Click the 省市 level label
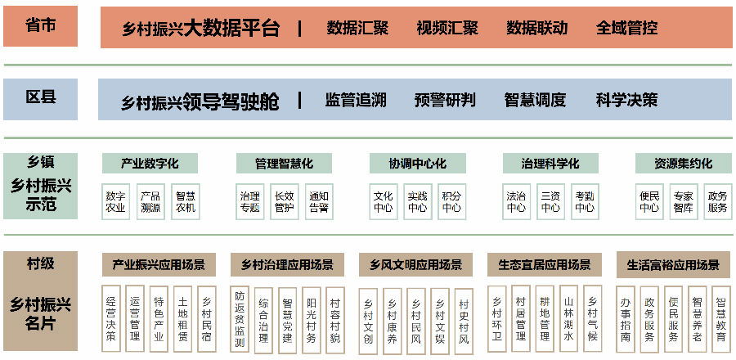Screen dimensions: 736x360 (x=40, y=25)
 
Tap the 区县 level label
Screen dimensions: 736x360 (x=41, y=97)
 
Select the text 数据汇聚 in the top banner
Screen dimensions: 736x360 (x=357, y=28)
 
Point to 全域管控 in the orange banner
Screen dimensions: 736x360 (x=626, y=28)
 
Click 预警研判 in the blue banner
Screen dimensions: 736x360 (x=445, y=100)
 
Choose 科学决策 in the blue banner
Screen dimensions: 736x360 (x=626, y=100)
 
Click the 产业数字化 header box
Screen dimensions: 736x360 (x=150, y=164)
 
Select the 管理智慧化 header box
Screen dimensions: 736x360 (x=284, y=164)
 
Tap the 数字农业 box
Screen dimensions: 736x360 (x=116, y=202)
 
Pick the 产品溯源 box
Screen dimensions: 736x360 (x=150, y=202)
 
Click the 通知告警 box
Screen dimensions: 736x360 (x=319, y=202)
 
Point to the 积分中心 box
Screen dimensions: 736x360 (x=452, y=202)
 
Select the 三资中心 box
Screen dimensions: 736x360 (x=550, y=202)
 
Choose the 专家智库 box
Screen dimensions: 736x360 (x=684, y=202)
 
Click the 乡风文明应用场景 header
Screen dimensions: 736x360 (x=416, y=265)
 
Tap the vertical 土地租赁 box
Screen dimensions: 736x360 (x=182, y=319)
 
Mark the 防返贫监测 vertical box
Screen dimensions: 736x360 (x=240, y=319)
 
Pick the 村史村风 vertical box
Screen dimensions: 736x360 (x=464, y=321)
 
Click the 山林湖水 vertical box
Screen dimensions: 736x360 (x=569, y=319)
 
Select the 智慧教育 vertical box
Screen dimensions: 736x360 (x=721, y=320)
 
